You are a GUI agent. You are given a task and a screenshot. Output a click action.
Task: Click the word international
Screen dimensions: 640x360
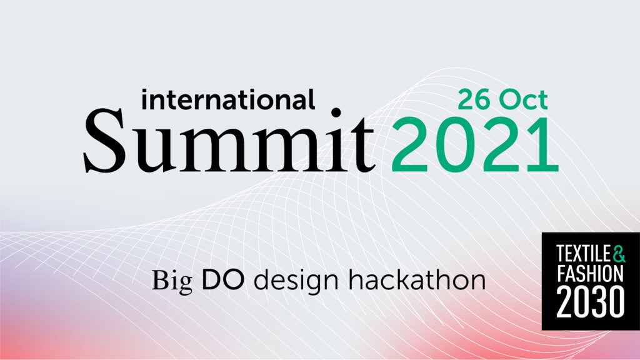(227, 99)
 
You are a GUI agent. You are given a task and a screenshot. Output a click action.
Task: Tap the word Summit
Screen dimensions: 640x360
(229, 140)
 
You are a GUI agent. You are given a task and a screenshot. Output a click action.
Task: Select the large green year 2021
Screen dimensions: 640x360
(475, 145)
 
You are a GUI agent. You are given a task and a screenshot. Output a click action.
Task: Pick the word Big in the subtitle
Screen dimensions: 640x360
(172, 281)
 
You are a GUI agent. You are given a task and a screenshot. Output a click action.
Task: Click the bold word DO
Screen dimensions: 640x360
(223, 280)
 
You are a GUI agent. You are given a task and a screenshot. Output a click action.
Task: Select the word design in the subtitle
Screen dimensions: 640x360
(296, 281)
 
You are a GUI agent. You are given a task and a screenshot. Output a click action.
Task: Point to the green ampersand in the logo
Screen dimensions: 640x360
(619, 254)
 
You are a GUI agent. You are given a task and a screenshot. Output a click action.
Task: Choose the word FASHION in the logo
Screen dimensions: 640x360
(590, 274)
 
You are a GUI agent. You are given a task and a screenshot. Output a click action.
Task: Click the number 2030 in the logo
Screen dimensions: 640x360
(590, 302)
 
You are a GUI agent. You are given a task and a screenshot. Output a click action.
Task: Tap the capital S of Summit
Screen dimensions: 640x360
(104, 141)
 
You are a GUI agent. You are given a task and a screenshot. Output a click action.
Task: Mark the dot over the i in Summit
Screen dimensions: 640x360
(336, 112)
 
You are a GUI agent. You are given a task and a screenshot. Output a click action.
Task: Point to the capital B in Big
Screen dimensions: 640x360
(160, 280)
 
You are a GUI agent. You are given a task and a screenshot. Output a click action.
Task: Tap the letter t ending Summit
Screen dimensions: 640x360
(362, 145)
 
